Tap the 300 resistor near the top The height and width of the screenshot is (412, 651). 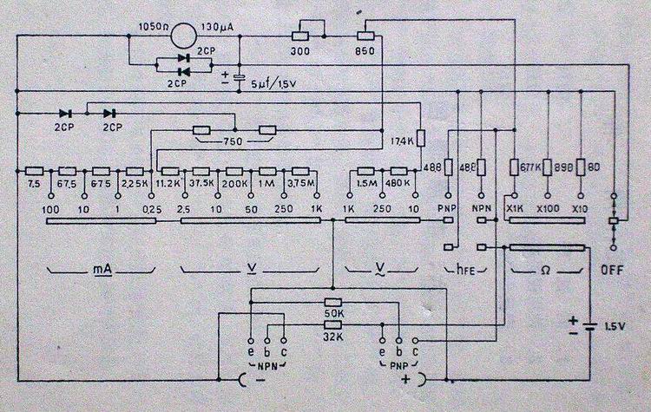tap(300, 37)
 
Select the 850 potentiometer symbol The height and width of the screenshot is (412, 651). tap(365, 37)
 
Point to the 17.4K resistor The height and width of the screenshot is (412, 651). tap(422, 138)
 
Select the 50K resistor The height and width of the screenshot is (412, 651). tap(332, 301)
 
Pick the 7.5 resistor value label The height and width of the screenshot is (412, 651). tap(35, 185)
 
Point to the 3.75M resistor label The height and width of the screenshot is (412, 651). tap(300, 185)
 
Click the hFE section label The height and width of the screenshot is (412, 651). tap(466, 271)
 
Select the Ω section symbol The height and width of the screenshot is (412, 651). tap(546, 271)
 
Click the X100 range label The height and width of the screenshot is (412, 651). tap(547, 209)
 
